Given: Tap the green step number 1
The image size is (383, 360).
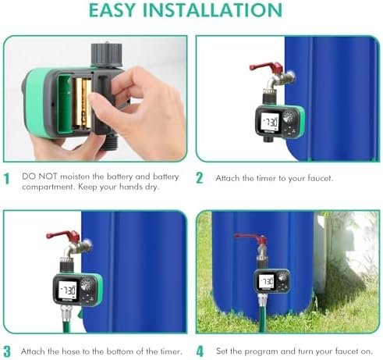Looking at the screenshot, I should pyautogui.click(x=6, y=179).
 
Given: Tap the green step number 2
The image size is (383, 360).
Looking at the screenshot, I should pyautogui.click(x=200, y=178).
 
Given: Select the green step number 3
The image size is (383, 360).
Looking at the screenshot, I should pyautogui.click(x=6, y=351).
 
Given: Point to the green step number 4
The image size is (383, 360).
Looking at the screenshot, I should pyautogui.click(x=200, y=351).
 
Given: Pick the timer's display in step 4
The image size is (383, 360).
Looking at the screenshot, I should pyautogui.click(x=266, y=280).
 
